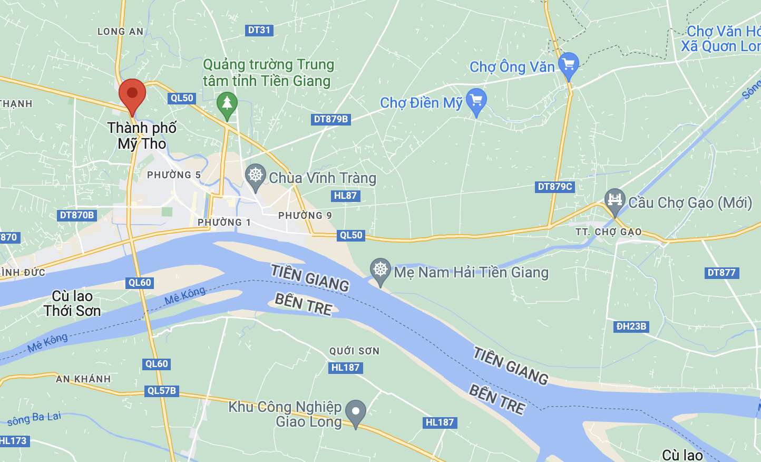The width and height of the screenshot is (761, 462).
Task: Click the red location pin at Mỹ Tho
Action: [132, 94]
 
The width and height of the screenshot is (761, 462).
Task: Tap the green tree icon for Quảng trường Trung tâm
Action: [227, 103]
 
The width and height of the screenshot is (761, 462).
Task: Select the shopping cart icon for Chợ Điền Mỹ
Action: [476, 100]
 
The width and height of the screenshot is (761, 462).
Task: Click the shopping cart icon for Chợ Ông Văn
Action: [569, 65]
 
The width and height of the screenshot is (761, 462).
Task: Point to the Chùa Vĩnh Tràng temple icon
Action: [256, 176]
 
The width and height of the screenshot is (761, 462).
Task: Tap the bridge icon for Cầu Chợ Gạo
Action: [614, 200]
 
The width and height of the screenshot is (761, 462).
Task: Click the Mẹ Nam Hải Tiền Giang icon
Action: [380, 270]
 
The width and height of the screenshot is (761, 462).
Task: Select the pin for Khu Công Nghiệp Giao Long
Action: [356, 412]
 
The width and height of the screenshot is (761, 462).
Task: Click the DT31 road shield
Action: [259, 30]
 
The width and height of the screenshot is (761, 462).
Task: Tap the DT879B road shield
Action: [330, 119]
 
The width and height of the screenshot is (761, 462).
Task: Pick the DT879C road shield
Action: [554, 187]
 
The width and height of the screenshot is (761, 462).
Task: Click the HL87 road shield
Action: [345, 196]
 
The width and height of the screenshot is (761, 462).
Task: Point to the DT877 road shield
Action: [721, 273]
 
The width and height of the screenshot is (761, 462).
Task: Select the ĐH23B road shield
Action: [631, 326]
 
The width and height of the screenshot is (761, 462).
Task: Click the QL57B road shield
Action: [162, 391]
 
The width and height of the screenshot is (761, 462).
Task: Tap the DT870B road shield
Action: [76, 215]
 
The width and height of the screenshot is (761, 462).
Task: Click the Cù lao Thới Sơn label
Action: [72, 304]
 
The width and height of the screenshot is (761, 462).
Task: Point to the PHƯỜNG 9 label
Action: [305, 215]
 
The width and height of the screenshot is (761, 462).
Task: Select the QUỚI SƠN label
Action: [354, 351]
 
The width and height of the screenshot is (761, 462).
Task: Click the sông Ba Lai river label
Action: [34, 419]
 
